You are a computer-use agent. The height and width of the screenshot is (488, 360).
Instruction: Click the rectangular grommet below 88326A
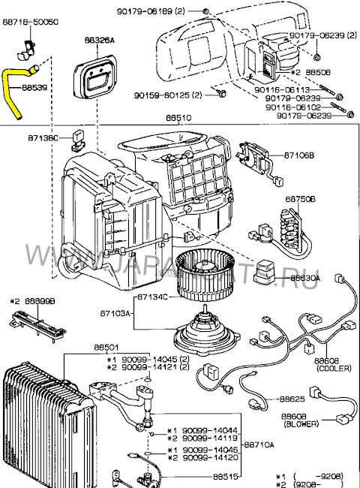pos(96,75)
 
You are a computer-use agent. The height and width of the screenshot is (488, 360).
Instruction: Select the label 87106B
pos(298,155)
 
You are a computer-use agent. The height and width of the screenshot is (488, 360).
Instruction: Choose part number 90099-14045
pos(145,358)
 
